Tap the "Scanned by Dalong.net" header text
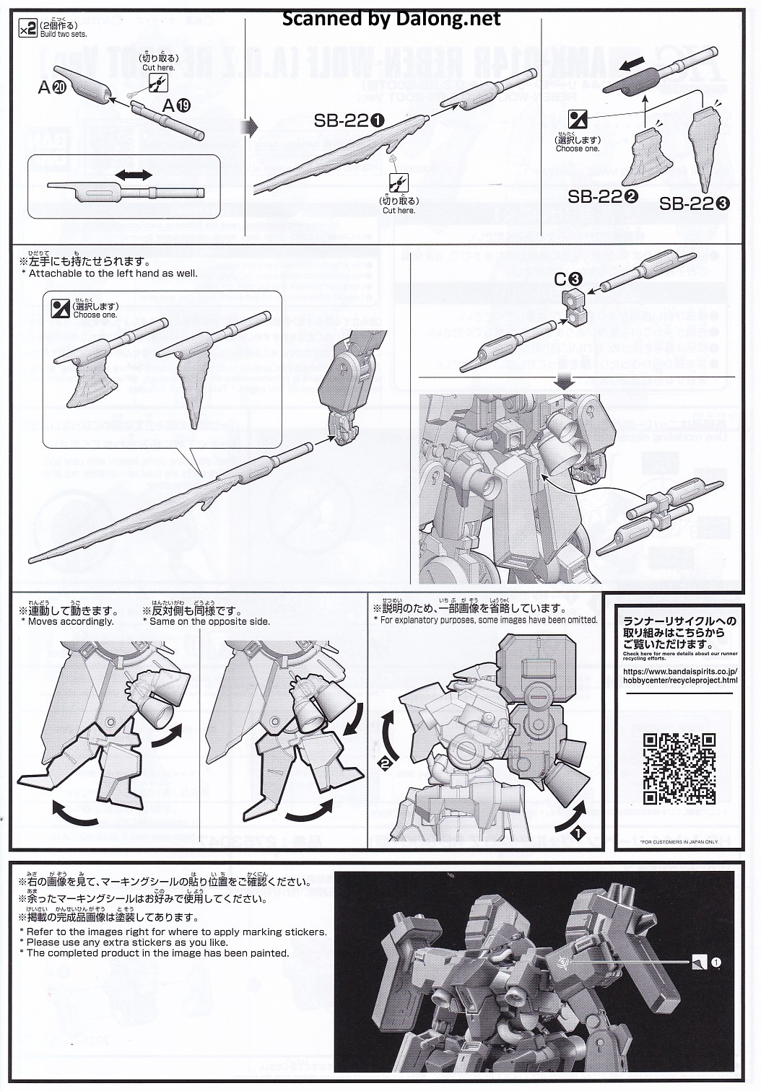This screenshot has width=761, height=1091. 391,19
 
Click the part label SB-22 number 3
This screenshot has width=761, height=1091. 694,203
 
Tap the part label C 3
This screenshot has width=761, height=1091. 568,279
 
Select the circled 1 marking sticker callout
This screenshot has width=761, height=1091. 716,962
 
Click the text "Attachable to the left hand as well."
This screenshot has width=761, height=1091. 113,273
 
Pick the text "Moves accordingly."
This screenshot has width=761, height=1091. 71,621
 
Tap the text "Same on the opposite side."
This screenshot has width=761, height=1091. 209,621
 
